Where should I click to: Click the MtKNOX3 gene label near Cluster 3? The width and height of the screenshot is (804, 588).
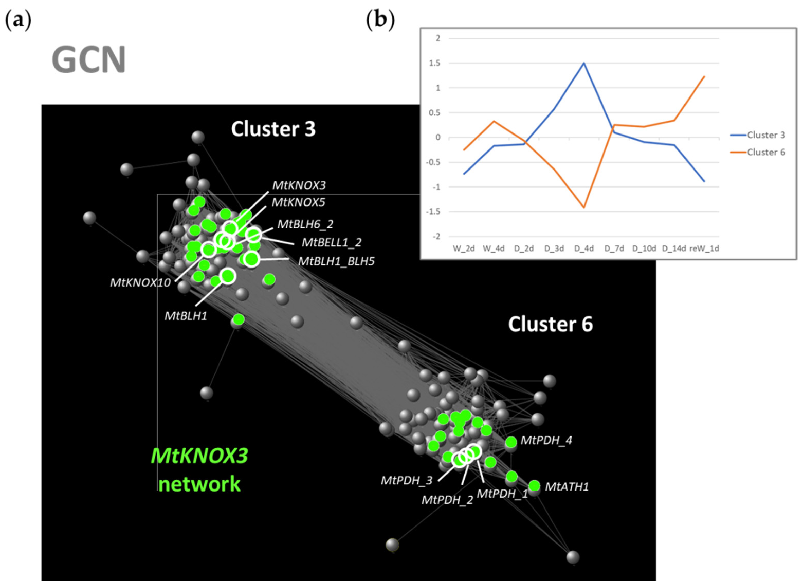(299, 185)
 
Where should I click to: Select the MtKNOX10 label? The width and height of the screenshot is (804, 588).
(140, 283)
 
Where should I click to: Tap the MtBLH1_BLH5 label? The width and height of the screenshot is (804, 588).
(336, 262)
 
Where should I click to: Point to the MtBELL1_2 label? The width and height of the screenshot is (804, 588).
(331, 242)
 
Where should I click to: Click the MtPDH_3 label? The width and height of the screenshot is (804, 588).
(406, 480)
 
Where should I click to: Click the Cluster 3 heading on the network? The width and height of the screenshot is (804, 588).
(273, 129)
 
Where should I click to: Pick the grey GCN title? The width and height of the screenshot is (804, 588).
(89, 59)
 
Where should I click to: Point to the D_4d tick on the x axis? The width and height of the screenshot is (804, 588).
(584, 248)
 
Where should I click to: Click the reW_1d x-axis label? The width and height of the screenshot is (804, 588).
(704, 248)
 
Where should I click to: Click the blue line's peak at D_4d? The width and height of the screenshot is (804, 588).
(584, 63)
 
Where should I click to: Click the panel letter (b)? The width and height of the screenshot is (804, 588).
(380, 20)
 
